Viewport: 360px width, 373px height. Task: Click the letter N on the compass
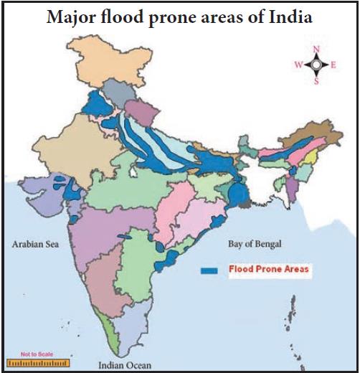coord(316,49)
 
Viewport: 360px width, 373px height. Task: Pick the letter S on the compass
coord(316,80)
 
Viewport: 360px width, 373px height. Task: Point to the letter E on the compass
coord(333,65)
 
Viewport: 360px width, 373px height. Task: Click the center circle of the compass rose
coord(316,65)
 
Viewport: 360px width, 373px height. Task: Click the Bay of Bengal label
coord(255,244)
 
